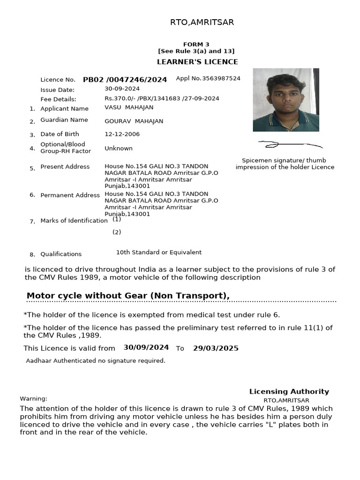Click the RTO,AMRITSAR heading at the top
pyautogui.click(x=202, y=22)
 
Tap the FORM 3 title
pyautogui.click(x=196, y=45)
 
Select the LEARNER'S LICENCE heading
pyautogui.click(x=197, y=62)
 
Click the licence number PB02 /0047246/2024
pyautogui.click(x=125, y=80)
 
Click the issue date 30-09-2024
pyautogui.click(x=122, y=89)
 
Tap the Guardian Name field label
pyautogui.click(x=64, y=120)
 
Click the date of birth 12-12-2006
pyautogui.click(x=122, y=134)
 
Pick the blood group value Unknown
pyautogui.click(x=119, y=149)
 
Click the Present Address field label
pyautogui.click(x=65, y=167)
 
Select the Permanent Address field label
pyautogui.click(x=70, y=195)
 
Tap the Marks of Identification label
pyautogui.click(x=74, y=221)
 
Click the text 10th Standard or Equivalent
pyautogui.click(x=159, y=252)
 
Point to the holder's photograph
pyautogui.click(x=285, y=100)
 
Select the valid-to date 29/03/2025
pyautogui.click(x=216, y=348)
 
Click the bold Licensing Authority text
pyautogui.click(x=289, y=392)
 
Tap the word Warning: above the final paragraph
pyautogui.click(x=33, y=399)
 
